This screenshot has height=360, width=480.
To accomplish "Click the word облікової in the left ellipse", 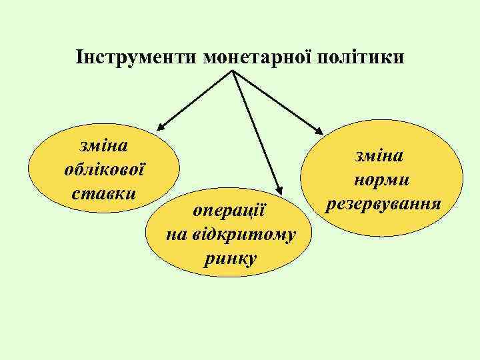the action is pyautogui.click(x=104, y=169).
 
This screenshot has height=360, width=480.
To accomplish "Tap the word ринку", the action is pyautogui.click(x=230, y=257).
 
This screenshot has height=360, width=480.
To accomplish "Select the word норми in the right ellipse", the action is pyautogui.click(x=382, y=179).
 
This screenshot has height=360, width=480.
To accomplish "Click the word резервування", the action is pyautogui.click(x=382, y=203).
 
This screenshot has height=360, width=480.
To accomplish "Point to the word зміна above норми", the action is pyautogui.click(x=382, y=157).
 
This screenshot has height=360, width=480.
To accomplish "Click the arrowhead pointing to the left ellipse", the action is pyautogui.click(x=162, y=125).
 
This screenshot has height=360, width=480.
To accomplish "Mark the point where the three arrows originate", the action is pyautogui.click(x=233, y=70).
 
